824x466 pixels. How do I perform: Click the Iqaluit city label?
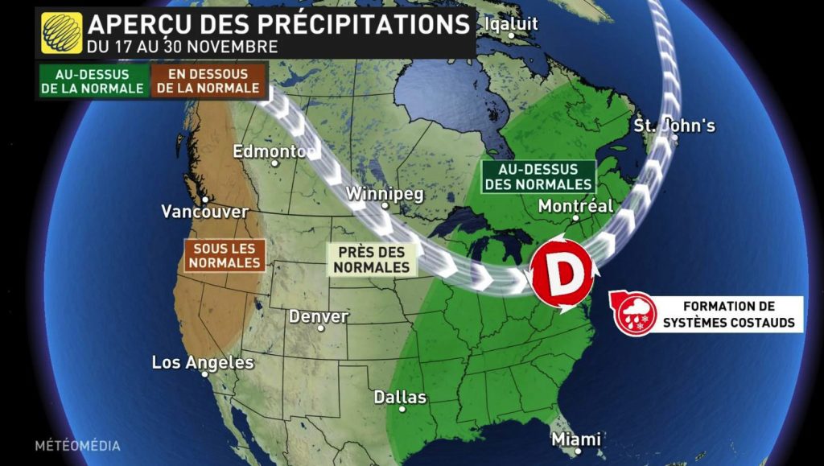pyautogui.click(x=510, y=24)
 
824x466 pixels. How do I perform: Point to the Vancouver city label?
pyautogui.click(x=205, y=212)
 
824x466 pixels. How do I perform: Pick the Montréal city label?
pyautogui.click(x=575, y=206)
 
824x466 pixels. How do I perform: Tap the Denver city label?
pyautogui.click(x=319, y=316)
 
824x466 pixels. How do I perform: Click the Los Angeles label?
pyautogui.click(x=203, y=363)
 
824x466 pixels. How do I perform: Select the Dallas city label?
pyautogui.click(x=400, y=398)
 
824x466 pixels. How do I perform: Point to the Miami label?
pyautogui.click(x=576, y=439)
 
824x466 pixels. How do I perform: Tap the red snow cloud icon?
pyautogui.click(x=634, y=314)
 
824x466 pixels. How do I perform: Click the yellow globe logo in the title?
pyautogui.click(x=60, y=32)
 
